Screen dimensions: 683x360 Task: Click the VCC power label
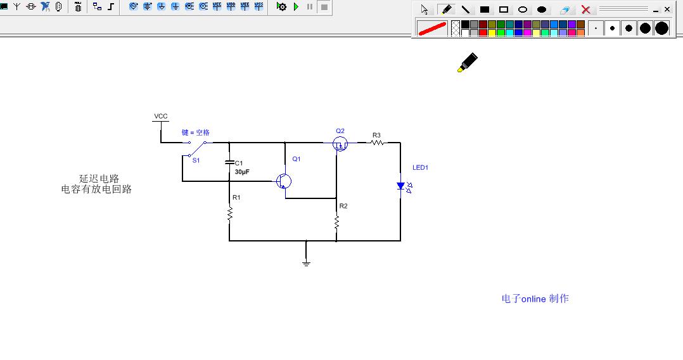[161, 117]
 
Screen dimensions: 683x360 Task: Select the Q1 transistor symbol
[284, 181]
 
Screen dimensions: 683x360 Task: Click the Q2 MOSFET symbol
[340, 144]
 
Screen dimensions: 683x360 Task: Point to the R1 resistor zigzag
[229, 215]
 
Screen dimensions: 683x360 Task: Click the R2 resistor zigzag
[336, 222]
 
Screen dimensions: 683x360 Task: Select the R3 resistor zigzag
[377, 143]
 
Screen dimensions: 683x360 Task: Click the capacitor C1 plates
[229, 162]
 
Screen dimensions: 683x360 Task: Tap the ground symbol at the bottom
[306, 263]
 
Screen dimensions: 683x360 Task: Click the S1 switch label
[196, 160]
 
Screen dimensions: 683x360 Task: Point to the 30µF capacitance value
[242, 172]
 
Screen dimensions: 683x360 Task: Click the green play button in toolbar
[297, 6]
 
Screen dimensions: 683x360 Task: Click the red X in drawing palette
[586, 10]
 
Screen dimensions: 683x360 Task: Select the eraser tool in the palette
[565, 10]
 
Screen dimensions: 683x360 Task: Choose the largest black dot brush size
[661, 29]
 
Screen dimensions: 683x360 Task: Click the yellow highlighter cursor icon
[468, 62]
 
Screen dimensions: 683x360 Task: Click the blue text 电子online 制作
[535, 299]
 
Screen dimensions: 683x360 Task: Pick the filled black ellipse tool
[542, 10]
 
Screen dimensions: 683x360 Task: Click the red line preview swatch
[432, 29]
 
